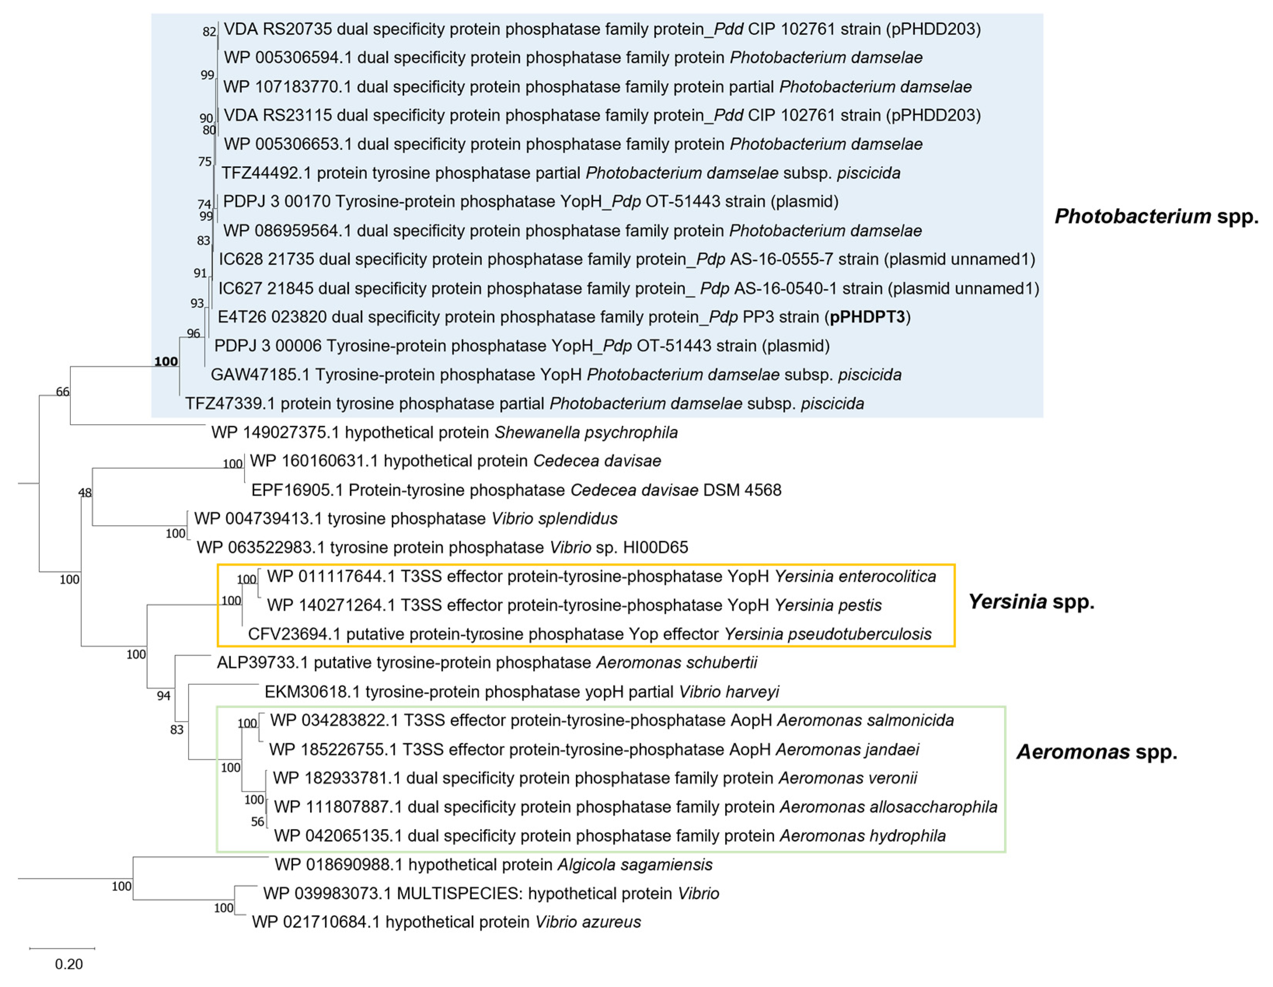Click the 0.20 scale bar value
69,964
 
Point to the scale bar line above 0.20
62,949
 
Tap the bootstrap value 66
62,392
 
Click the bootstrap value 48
85,493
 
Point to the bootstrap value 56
258,822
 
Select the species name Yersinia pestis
828,605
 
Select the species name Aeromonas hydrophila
863,836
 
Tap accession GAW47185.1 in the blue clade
260,374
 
